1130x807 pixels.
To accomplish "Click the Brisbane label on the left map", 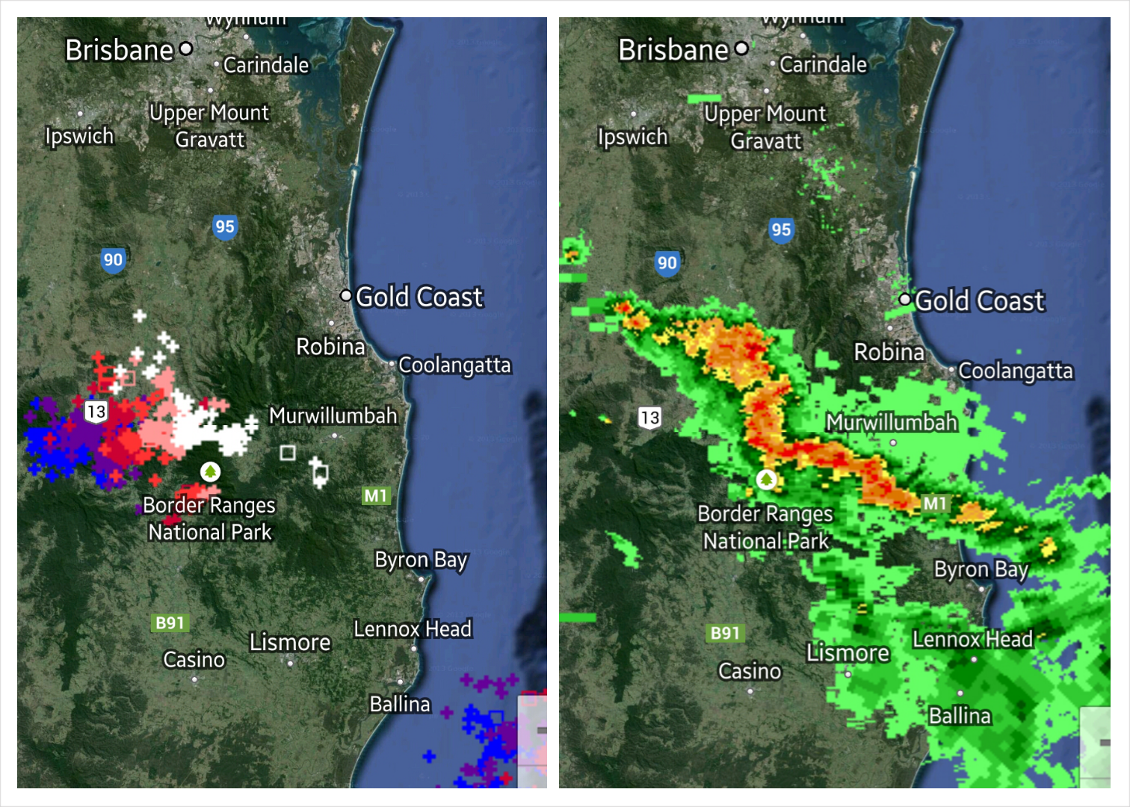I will click(x=120, y=51).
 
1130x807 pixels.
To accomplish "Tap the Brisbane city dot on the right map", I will click(x=741, y=49).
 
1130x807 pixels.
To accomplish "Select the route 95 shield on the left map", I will click(x=225, y=227).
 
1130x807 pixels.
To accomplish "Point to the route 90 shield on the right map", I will click(x=667, y=263).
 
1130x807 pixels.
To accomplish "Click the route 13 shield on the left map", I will click(x=96, y=412).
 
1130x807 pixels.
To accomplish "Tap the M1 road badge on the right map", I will click(x=935, y=504).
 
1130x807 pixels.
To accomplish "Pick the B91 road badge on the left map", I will click(x=170, y=623).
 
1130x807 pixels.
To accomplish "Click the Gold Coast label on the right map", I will click(x=979, y=301).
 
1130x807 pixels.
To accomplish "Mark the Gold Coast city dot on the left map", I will click(x=346, y=296).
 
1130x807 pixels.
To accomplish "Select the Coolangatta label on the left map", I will click(x=454, y=365).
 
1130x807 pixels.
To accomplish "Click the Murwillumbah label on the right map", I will click(x=892, y=423).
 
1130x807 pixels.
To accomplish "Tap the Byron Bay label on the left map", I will click(x=421, y=560).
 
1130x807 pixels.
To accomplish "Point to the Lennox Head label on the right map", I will click(x=972, y=640).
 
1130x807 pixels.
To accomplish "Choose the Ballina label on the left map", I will click(x=400, y=705).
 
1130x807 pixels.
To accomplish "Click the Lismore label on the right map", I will click(x=847, y=654).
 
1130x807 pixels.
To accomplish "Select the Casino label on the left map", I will click(x=194, y=661).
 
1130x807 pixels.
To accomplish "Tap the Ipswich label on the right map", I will click(x=632, y=137).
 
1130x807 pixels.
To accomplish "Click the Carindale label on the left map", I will click(x=266, y=66).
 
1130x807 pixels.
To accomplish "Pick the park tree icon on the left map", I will click(x=211, y=471).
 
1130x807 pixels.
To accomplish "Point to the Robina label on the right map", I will click(x=889, y=352).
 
